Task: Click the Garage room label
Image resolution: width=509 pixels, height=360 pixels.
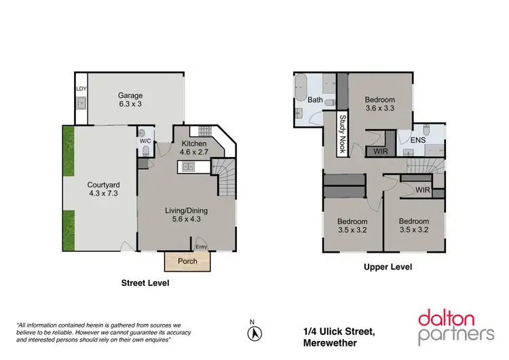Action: [130, 96]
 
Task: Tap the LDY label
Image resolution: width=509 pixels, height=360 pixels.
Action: [81, 89]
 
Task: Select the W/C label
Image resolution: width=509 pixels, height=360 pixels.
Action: [145, 141]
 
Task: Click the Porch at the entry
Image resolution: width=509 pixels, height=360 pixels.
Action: [187, 262]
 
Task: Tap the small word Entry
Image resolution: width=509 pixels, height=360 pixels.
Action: [202, 247]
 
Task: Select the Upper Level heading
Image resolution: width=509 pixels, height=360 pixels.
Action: [388, 267]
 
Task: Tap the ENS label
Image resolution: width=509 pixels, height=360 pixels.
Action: [418, 140]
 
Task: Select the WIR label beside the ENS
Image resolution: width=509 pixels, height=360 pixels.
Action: [380, 151]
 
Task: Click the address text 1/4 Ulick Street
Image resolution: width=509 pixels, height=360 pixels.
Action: [339, 331]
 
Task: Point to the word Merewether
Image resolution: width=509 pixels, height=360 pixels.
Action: [331, 343]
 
